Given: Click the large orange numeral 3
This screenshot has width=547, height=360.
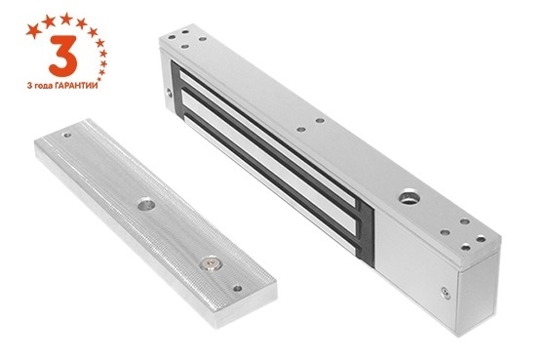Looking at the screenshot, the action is tap(63, 56).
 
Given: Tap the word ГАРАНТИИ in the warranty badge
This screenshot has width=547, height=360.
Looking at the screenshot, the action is tap(76, 86).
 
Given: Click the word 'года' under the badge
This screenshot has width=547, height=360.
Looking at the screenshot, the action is tap(43, 86).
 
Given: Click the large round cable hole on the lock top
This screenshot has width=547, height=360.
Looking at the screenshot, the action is tap(409, 198).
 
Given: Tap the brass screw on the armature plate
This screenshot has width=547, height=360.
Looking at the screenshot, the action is tap(211, 264).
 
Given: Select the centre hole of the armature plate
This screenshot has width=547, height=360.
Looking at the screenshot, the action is tap(146, 204).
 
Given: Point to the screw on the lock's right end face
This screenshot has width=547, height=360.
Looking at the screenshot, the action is tap(446, 293).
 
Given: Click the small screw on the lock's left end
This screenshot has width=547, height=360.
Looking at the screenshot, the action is tap(169, 93).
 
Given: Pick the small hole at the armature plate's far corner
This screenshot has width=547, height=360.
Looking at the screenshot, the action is tap(67, 135).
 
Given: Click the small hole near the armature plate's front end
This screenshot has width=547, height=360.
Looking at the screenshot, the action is tap(238, 289).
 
